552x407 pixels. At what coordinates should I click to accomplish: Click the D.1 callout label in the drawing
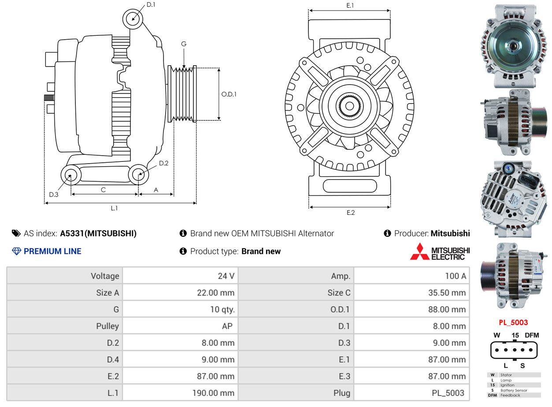pyautogui.click(x=151, y=5)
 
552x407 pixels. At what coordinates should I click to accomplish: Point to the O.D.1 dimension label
pyautogui.click(x=229, y=94)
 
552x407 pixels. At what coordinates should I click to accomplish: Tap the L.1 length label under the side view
pyautogui.click(x=114, y=209)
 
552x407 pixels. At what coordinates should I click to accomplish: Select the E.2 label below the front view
pyautogui.click(x=350, y=213)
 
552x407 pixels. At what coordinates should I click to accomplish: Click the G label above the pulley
pyautogui.click(x=184, y=44)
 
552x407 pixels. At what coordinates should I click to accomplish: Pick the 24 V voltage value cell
pyautogui.click(x=226, y=276)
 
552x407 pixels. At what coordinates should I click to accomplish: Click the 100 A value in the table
pyautogui.click(x=456, y=276)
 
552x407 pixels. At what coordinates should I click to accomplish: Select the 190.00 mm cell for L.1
pyautogui.click(x=213, y=393)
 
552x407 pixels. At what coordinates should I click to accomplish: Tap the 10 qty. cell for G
pyautogui.click(x=222, y=310)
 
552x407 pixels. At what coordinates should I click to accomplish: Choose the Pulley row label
pyautogui.click(x=107, y=326)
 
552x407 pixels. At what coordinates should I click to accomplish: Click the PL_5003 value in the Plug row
pyautogui.click(x=448, y=393)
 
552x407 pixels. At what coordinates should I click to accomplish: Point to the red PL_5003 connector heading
pyautogui.click(x=513, y=323)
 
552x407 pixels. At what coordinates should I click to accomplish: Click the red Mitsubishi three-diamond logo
pyautogui.click(x=420, y=251)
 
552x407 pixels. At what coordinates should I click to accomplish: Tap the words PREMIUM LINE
pyautogui.click(x=52, y=251)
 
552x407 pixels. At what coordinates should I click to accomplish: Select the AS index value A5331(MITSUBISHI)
pyautogui.click(x=98, y=234)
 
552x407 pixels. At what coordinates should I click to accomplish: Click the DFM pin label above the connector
pyautogui.click(x=532, y=336)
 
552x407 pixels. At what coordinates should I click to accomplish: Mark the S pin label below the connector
pyautogui.click(x=522, y=366)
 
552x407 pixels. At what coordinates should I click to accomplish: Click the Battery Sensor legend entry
pyautogui.click(x=514, y=391)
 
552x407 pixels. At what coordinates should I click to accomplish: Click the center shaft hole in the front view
pyautogui.click(x=349, y=106)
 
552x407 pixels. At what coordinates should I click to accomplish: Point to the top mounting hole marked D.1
pyautogui.click(x=133, y=19)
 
